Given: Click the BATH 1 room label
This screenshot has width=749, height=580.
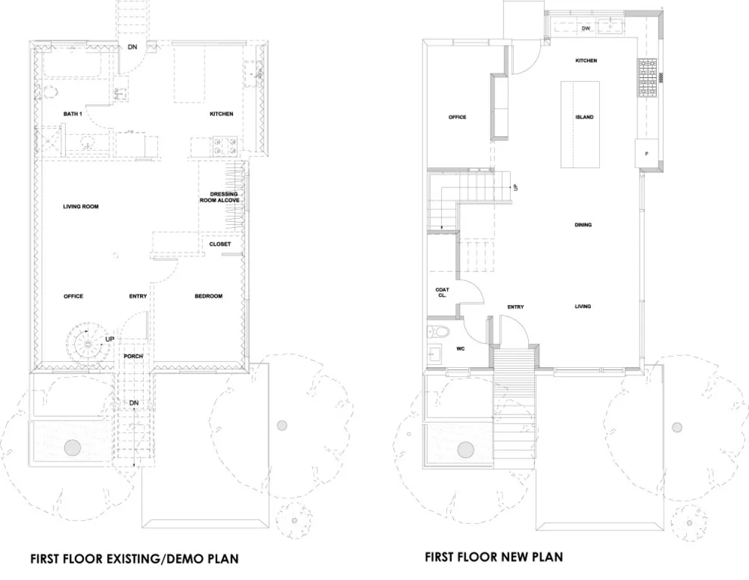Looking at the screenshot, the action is pos(73,114).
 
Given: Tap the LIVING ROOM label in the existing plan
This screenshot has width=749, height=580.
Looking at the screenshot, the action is pos(81,206).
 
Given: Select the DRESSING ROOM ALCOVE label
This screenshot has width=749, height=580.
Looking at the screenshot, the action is pos(219,197).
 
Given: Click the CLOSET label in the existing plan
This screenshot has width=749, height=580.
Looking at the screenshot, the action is pos(219,244).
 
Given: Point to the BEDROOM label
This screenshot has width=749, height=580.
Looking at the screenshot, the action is pos(209,296).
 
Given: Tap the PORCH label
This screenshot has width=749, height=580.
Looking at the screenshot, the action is pos(133,357).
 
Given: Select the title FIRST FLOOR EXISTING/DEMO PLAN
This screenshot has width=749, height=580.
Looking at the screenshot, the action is pos(134,558).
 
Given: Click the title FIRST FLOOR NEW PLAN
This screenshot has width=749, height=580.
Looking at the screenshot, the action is pos(494,557).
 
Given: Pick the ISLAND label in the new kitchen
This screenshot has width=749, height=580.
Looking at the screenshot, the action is pos(585,117).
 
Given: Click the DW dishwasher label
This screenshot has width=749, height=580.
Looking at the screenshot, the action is pos(586,28).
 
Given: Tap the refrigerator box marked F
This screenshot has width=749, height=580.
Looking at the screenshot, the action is pos(647,154).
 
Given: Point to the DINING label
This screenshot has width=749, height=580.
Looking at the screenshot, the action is pos(583,225).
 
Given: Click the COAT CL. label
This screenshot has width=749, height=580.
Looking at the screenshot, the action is pos(443,292).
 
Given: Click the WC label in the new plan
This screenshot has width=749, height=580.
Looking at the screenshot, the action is pos(461,348).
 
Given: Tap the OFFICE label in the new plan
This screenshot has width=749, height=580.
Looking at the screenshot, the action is pos(457,117).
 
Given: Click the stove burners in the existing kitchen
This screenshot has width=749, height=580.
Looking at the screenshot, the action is pos(225,146).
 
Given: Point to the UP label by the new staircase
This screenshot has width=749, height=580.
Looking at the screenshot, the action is pos(515,187).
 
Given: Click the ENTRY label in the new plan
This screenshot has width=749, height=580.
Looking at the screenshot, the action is pos(515,306).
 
